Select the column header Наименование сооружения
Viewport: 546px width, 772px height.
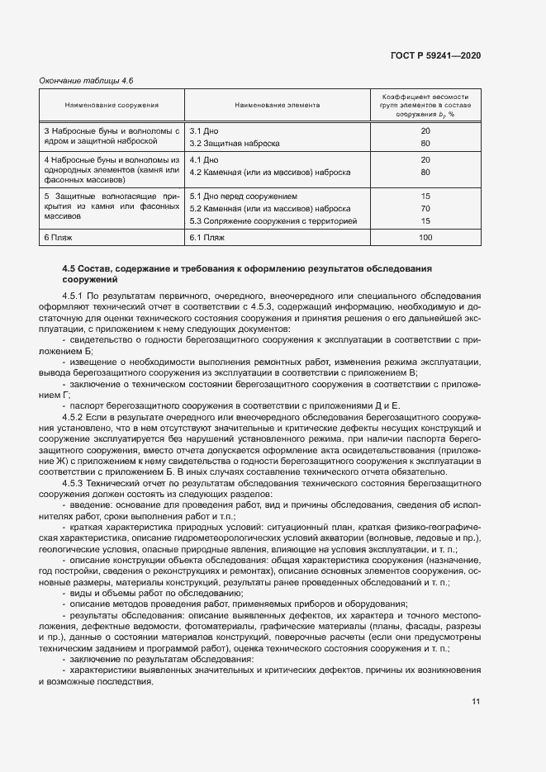point(112,106)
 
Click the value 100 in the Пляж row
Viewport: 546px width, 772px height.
point(425,238)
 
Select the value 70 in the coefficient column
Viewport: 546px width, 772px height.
point(425,209)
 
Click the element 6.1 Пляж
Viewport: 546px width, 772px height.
point(211,238)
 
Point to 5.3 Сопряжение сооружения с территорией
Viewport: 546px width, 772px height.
point(273,221)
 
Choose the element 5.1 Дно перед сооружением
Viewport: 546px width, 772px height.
point(243,197)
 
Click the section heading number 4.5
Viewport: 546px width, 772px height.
point(69,270)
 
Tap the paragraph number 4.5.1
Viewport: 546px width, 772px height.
point(74,294)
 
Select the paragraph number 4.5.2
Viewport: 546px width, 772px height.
point(74,418)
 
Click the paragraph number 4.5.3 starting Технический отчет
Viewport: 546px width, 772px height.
point(74,481)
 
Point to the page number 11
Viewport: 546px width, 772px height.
point(476,702)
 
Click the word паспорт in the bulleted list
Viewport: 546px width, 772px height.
point(89,405)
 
